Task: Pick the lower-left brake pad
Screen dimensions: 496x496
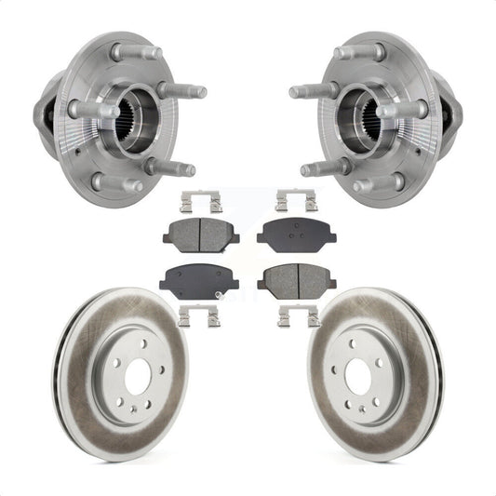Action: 199,276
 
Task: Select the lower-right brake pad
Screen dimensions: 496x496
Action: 295,276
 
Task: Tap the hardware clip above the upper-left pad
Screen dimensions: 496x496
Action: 199,200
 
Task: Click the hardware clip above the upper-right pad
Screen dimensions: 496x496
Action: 295,200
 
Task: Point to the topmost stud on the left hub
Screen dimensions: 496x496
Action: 126,51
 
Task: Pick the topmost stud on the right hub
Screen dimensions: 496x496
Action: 369,51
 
